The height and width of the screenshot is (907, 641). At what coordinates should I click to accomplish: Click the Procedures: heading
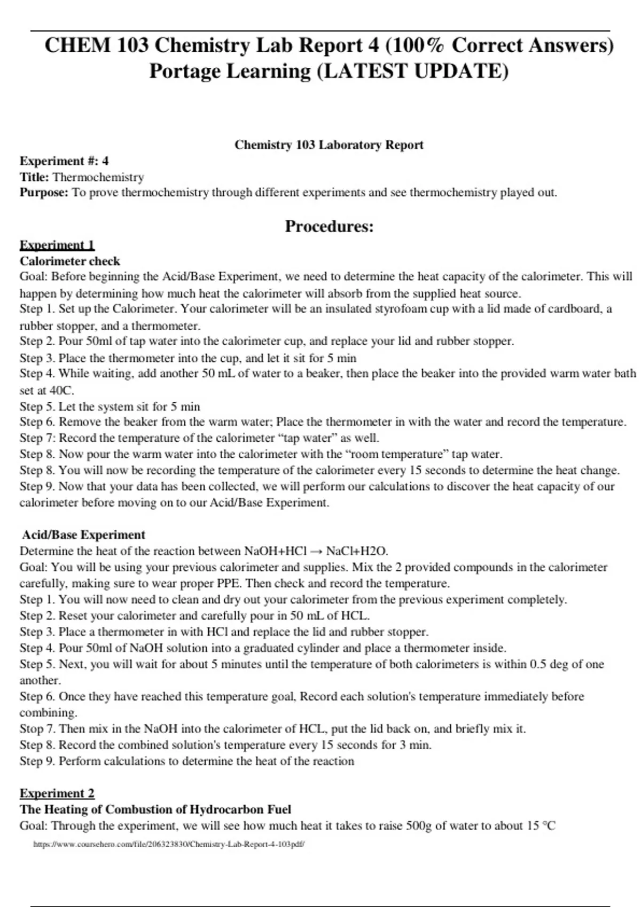tap(329, 226)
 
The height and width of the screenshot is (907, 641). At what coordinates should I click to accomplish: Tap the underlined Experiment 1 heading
tap(57, 245)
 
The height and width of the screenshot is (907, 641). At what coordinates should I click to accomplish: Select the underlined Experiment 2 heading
tap(57, 793)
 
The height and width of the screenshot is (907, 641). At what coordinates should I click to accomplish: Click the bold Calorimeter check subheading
tap(70, 261)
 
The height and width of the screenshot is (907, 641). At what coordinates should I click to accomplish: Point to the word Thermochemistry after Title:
tap(98, 177)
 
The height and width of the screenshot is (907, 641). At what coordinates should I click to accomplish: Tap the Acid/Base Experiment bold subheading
tap(83, 535)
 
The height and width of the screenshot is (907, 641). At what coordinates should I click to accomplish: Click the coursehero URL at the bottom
tap(169, 844)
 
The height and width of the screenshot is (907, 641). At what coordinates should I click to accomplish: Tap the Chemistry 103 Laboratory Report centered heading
tap(329, 145)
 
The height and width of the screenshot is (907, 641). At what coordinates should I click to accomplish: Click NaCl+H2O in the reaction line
tap(357, 551)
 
